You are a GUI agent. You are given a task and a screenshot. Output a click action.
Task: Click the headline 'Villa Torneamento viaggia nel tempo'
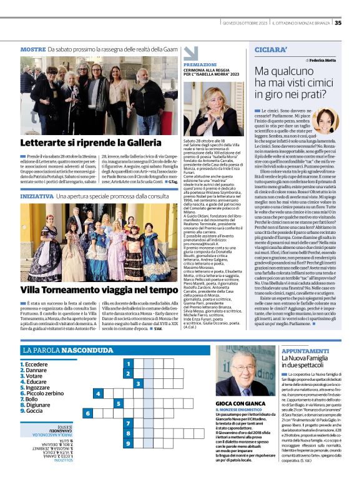(x=90, y=290)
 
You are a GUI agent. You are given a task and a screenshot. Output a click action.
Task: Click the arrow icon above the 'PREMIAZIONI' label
(x=190, y=52)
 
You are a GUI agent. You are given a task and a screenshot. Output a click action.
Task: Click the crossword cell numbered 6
(x=88, y=413)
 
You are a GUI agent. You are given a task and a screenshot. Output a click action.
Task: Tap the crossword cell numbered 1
(x=128, y=363)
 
